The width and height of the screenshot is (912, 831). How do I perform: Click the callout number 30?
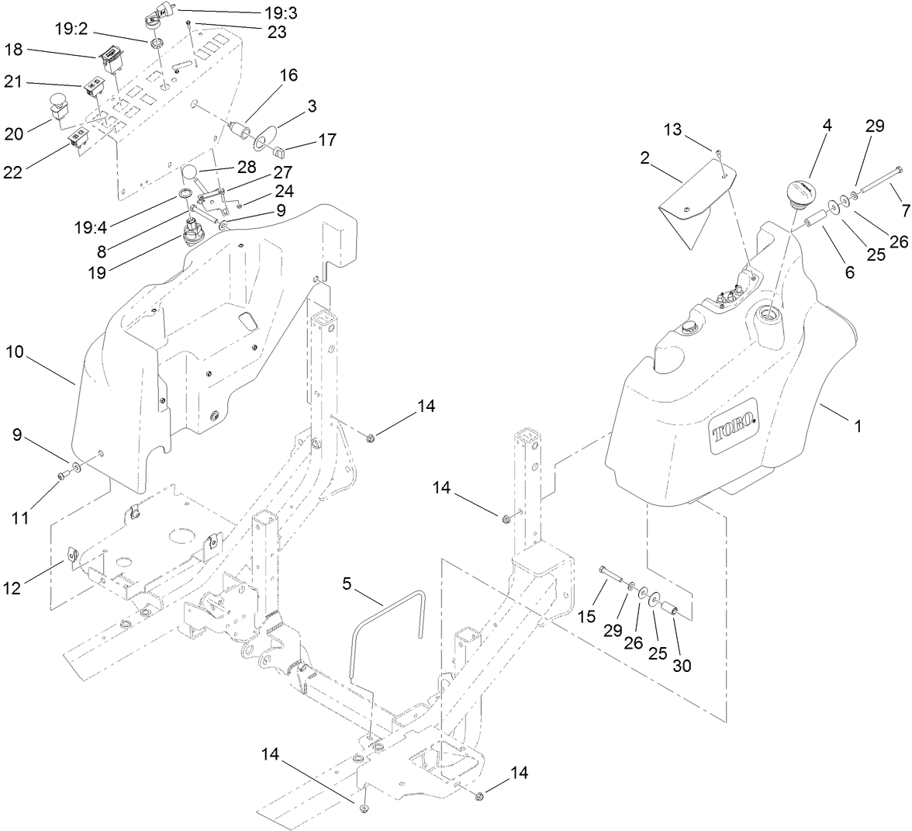click(682, 665)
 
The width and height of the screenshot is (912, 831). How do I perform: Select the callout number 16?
click(288, 75)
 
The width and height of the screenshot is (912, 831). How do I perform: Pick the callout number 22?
click(14, 171)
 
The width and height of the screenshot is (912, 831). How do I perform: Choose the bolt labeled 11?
click(62, 476)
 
